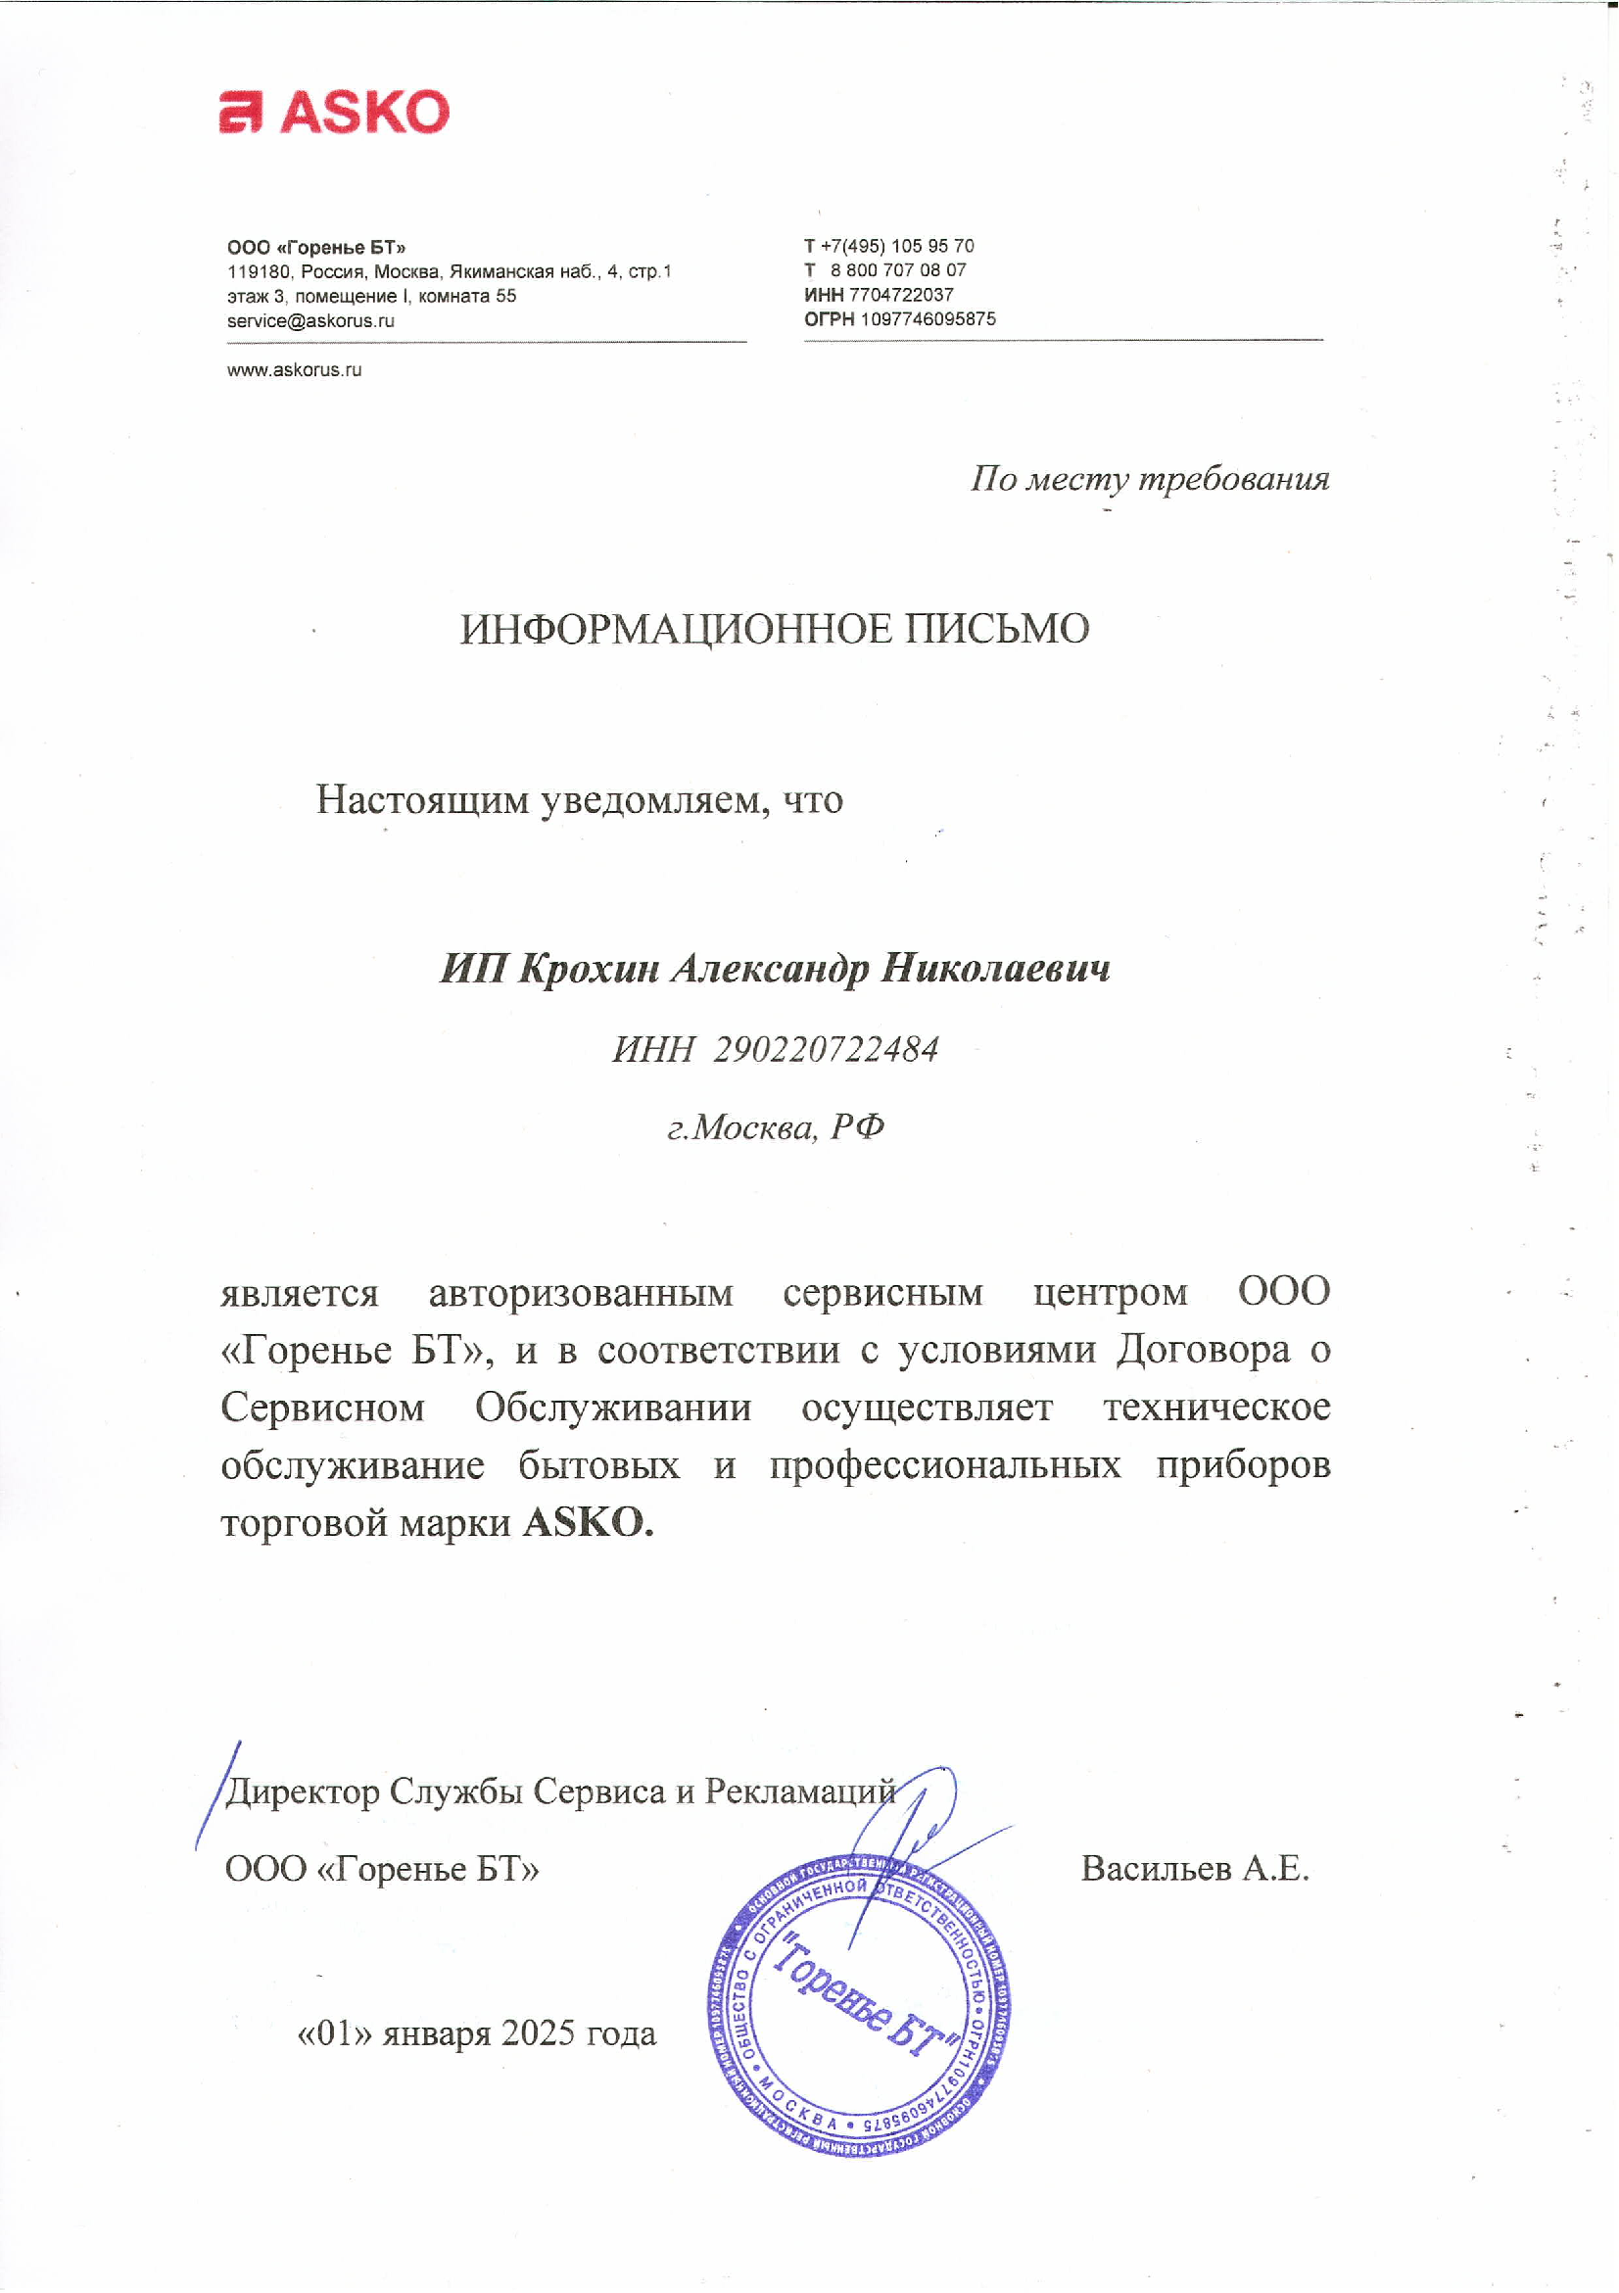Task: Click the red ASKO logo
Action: (x=334, y=111)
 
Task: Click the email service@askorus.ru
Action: (x=310, y=320)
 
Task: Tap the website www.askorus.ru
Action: (x=294, y=369)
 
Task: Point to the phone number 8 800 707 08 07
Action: (x=898, y=269)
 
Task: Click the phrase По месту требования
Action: (x=1150, y=478)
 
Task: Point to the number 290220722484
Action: (x=825, y=1049)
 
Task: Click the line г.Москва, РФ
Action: (x=775, y=1126)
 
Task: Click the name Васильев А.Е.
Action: (x=1195, y=1868)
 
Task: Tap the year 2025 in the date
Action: (x=538, y=2033)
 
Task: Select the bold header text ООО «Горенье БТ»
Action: (x=315, y=247)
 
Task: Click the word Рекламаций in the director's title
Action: (x=799, y=1791)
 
